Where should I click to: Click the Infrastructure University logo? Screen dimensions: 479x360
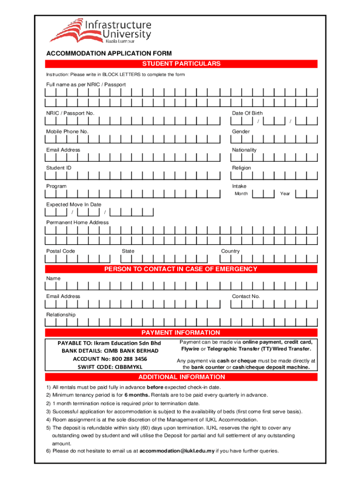(100, 30)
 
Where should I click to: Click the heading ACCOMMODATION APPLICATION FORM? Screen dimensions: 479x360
(108, 54)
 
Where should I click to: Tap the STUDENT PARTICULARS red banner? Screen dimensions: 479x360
(181, 64)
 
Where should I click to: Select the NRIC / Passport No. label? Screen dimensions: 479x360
(70, 113)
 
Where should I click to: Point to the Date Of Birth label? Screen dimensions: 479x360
(247, 113)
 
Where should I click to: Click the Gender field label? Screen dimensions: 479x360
(241, 131)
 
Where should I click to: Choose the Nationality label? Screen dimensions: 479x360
(244, 150)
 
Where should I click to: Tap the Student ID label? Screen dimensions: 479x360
(58, 168)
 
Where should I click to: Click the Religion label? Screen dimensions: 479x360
(241, 168)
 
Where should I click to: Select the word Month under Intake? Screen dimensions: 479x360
(241, 194)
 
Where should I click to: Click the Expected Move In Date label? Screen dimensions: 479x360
(73, 204)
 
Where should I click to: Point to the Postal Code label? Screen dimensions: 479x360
(60, 251)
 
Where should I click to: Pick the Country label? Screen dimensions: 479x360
(230, 251)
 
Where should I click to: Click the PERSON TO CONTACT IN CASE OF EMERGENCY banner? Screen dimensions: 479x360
(181, 269)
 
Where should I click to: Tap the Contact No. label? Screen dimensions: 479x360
(245, 296)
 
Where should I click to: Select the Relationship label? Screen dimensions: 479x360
(60, 315)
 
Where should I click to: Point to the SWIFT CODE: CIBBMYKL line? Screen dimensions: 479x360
(109, 367)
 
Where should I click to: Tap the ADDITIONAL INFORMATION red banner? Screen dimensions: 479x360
(181, 377)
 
